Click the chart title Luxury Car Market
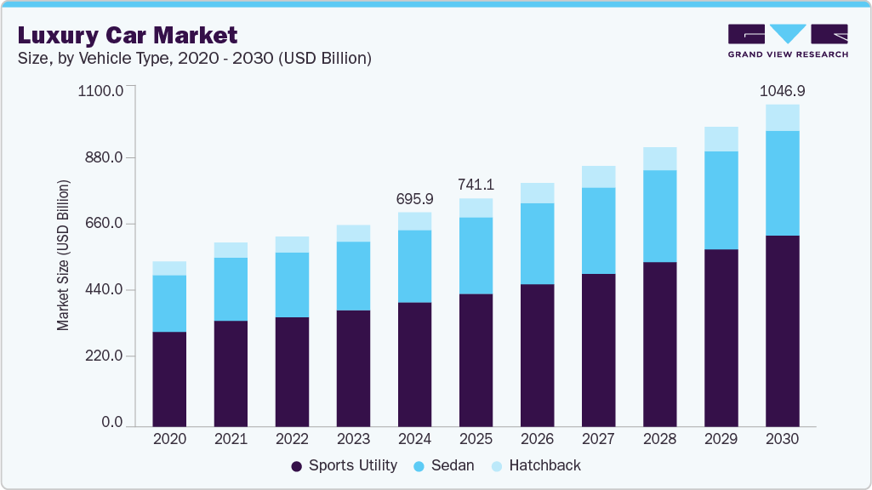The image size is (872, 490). pos(127,35)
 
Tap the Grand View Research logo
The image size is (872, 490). pos(787,40)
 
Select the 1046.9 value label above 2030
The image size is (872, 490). pos(782,90)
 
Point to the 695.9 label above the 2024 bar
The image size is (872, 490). pos(414,198)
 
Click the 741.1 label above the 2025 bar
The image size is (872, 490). pos(476,185)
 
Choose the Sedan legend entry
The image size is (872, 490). pos(443,465)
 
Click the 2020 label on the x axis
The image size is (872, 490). pos(169,439)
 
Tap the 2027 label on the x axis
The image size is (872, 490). pos(598,439)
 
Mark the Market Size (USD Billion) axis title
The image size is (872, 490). pos(64,255)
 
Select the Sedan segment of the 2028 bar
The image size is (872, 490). pos(659,216)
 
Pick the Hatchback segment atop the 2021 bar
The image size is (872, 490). pos(231,250)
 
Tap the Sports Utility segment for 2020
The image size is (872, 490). pos(169,379)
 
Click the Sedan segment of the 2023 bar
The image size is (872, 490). pos(353,276)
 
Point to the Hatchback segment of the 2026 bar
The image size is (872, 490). pos(537,193)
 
